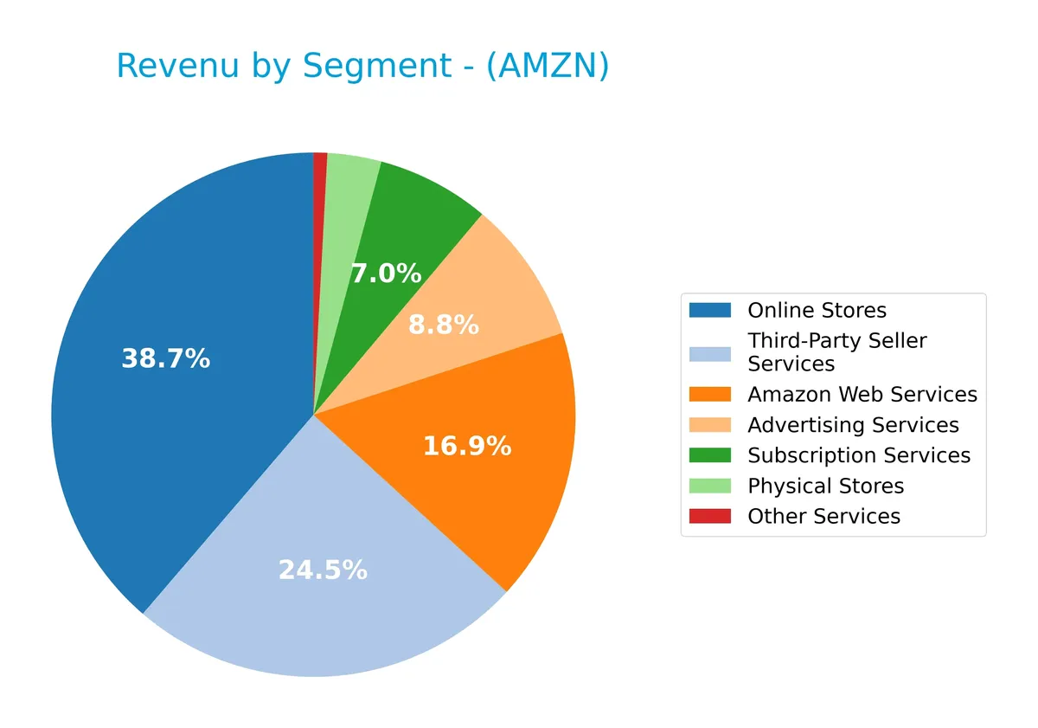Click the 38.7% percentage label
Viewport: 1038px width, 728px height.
point(165,359)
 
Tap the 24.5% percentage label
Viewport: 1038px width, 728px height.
point(323,570)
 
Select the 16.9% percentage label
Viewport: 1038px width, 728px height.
point(466,447)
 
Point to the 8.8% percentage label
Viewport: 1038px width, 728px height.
point(443,325)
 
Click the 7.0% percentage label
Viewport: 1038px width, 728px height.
point(386,274)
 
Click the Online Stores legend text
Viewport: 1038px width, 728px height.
point(817,311)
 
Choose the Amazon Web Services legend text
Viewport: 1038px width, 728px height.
point(862,395)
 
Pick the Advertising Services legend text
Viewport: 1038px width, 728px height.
point(853,425)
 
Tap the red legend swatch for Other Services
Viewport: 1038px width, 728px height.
point(709,517)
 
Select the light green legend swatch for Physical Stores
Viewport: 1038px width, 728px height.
point(709,486)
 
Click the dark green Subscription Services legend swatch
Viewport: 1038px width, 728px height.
point(709,455)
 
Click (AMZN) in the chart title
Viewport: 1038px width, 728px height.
point(547,68)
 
